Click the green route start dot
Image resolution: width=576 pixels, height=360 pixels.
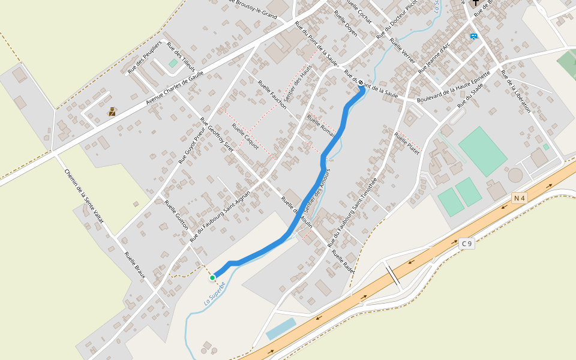(212, 278)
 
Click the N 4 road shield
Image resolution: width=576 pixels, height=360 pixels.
(519, 197)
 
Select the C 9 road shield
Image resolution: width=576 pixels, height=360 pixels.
(467, 244)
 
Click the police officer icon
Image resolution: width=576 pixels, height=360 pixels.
(112, 111)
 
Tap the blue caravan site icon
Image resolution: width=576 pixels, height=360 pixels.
(474, 37)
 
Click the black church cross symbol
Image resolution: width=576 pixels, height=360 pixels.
(476, 3)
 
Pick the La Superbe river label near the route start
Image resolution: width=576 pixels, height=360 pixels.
(214, 293)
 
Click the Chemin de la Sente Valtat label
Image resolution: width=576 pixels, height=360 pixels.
(84, 197)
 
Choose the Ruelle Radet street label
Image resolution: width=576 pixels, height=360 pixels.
(343, 262)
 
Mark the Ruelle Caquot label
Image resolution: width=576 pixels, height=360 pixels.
(245, 136)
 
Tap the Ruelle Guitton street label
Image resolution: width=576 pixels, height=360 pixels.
(176, 215)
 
